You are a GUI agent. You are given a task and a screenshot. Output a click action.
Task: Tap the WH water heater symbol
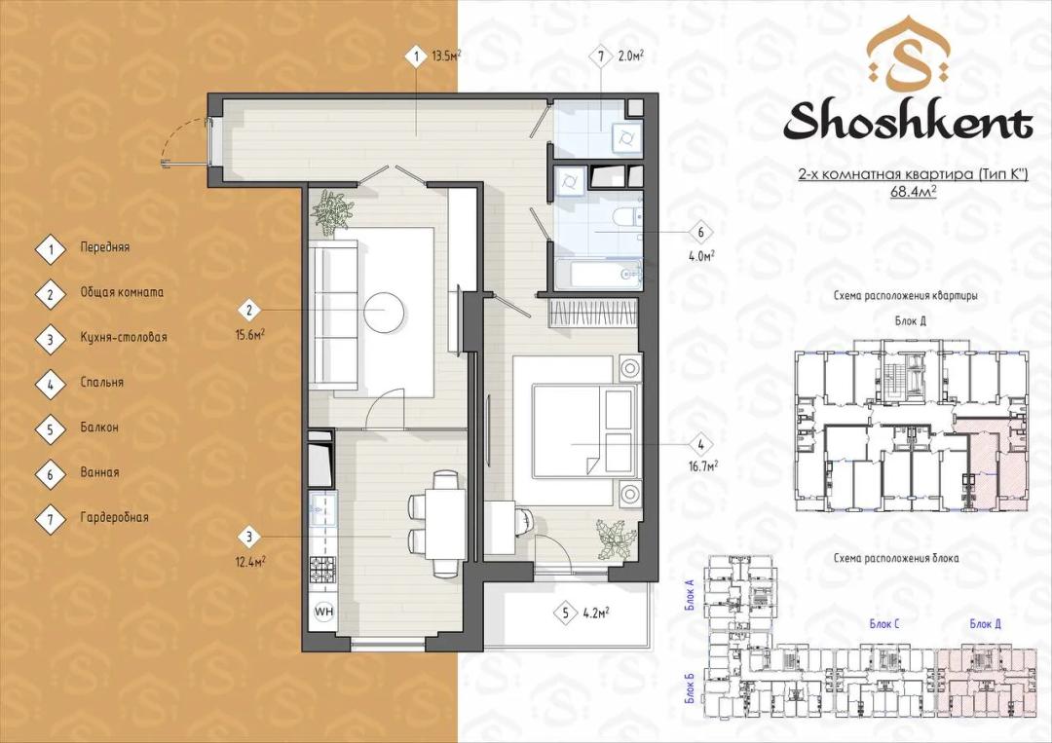pyautogui.click(x=324, y=612)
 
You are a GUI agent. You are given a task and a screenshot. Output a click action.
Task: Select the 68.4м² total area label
pyautogui.click(x=913, y=191)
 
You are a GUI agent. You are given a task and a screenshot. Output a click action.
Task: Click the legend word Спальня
pyautogui.click(x=102, y=383)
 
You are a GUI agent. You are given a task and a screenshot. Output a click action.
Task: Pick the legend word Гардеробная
pyautogui.click(x=114, y=517)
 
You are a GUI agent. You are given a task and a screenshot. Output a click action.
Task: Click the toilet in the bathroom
pyautogui.click(x=628, y=217)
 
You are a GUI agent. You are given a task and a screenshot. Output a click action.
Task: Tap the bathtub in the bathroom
pyautogui.click(x=598, y=275)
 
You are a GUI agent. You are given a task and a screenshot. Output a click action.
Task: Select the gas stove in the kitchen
pyautogui.click(x=322, y=571)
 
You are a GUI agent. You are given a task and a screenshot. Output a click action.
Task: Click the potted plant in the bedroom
pyautogui.click(x=616, y=538)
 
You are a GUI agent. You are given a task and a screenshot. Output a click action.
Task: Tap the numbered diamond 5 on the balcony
pyautogui.click(x=566, y=613)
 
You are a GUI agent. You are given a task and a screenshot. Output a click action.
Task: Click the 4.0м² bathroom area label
pyautogui.click(x=701, y=255)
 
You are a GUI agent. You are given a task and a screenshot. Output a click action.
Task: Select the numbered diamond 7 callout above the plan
pyautogui.click(x=601, y=57)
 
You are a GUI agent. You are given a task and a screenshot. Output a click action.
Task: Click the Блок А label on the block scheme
pyautogui.click(x=689, y=595)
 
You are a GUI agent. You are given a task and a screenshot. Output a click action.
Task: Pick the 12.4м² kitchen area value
pyautogui.click(x=249, y=561)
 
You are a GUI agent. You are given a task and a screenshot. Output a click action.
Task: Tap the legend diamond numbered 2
pyautogui.click(x=51, y=293)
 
